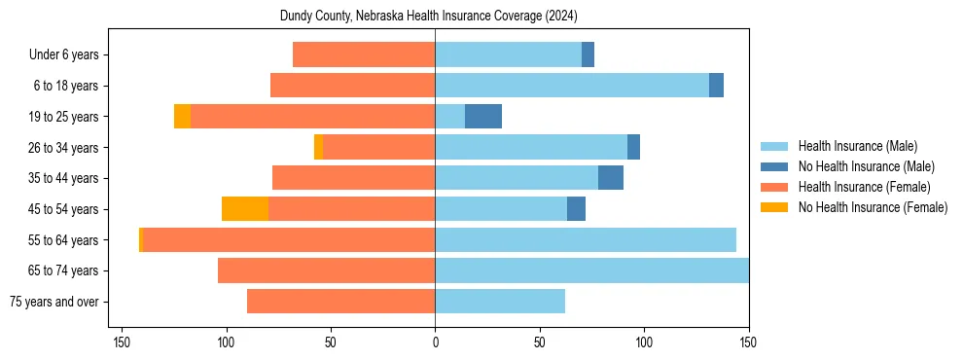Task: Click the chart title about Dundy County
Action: click(435, 17)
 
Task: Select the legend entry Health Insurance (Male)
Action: click(857, 146)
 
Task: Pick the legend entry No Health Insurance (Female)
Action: click(873, 207)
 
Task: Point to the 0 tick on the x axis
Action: click(435, 342)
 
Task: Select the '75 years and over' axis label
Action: click(54, 302)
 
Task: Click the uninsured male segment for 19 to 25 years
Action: click(483, 117)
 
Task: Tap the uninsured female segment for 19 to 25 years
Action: click(182, 117)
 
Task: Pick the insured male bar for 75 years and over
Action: click(500, 302)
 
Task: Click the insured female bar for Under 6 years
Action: click(364, 55)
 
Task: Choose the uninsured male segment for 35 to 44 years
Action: click(611, 178)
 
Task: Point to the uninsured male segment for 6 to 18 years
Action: click(716, 86)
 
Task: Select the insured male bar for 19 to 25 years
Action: click(449, 117)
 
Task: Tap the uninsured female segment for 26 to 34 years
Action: click(318, 148)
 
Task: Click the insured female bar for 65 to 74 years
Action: click(326, 270)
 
